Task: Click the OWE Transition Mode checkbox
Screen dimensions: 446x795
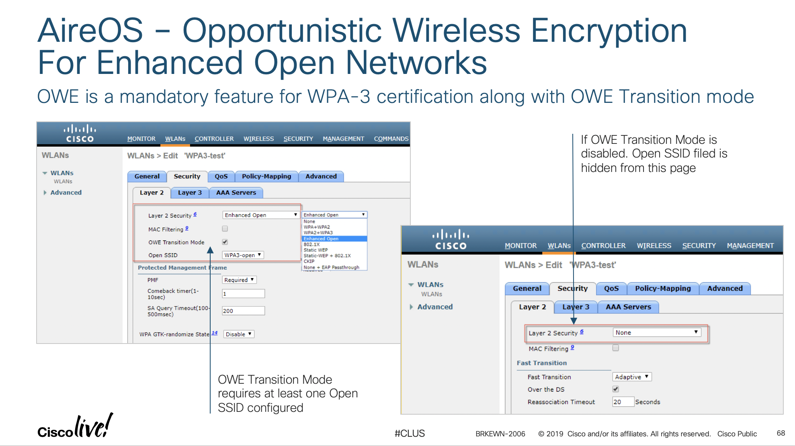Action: (225, 242)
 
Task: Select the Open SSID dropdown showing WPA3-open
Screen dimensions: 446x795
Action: (243, 255)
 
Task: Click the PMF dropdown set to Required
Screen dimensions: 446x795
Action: (239, 280)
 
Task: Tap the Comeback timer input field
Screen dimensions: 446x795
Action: (243, 294)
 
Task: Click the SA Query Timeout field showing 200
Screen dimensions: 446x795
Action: (243, 311)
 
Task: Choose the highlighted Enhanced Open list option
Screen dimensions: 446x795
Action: (334, 239)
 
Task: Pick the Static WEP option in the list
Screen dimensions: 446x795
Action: (316, 250)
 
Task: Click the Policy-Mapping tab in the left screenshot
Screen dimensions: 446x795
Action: (266, 176)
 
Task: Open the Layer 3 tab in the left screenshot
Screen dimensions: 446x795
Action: (190, 193)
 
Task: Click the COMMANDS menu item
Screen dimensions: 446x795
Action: (391, 139)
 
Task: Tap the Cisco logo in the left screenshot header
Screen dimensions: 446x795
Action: (80, 134)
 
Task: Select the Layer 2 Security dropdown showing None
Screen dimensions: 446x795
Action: (657, 333)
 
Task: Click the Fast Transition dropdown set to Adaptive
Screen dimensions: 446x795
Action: (631, 377)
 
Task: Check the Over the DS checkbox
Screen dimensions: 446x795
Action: (616, 389)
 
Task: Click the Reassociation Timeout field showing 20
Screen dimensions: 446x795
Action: (623, 402)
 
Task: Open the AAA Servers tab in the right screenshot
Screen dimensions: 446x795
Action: (628, 307)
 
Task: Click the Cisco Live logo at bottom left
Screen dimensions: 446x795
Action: (75, 426)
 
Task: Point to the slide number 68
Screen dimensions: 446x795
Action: (781, 433)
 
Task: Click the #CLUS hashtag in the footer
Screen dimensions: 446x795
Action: (410, 434)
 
